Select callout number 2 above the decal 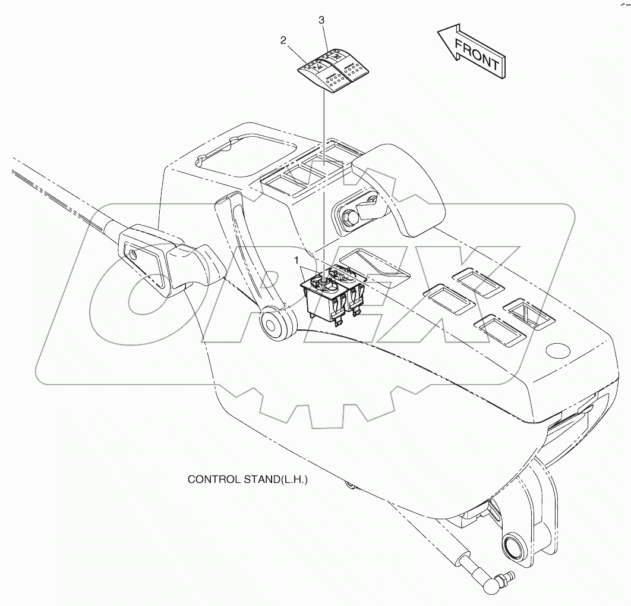(284, 40)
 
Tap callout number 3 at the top (321, 20)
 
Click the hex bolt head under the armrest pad (350, 214)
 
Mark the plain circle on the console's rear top (558, 349)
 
